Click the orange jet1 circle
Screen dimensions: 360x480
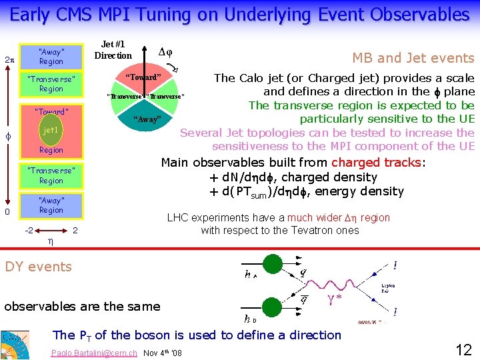coord(51,131)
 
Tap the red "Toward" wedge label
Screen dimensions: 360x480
coord(145,77)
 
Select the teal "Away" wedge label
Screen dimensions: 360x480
coord(147,119)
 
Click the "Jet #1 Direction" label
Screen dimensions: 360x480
coord(113,50)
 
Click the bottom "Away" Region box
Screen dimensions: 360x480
coord(51,205)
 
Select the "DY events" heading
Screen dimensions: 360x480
coord(38,267)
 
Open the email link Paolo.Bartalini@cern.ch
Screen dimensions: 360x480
coord(94,353)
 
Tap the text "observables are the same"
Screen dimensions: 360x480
coord(82,307)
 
